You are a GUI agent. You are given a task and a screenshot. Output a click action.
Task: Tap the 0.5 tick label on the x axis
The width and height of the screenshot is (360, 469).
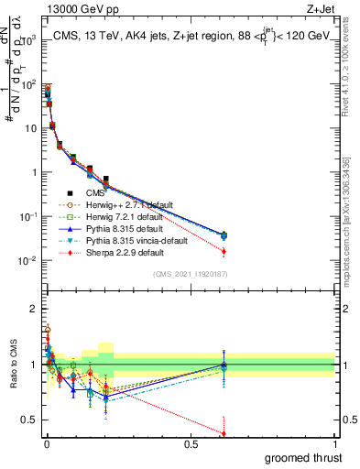click(191, 443)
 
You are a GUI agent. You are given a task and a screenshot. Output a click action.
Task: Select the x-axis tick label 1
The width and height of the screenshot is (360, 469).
click(334, 443)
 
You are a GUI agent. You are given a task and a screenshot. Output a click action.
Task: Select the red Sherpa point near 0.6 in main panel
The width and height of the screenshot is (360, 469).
click(224, 251)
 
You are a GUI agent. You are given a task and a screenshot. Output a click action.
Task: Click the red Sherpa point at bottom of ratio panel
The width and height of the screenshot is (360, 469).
click(224, 434)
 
